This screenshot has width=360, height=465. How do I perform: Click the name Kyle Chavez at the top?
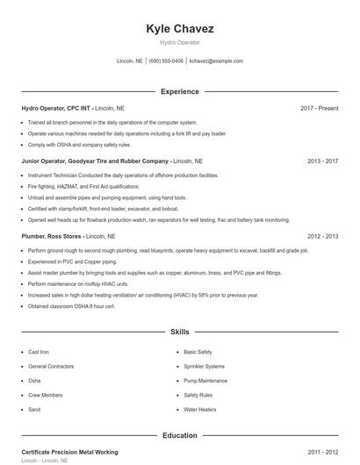click(180, 29)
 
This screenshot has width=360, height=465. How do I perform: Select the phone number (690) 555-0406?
click(166, 61)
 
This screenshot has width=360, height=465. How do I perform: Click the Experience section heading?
click(180, 91)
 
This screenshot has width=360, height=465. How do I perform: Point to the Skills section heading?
click(180, 333)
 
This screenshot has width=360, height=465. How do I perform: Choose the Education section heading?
click(180, 435)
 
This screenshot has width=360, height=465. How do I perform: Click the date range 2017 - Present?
click(319, 108)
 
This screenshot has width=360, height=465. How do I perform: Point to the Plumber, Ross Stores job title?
click(58, 236)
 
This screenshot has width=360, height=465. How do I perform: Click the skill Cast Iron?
click(39, 351)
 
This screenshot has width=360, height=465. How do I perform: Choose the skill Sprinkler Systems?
click(204, 366)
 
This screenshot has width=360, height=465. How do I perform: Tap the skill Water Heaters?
click(199, 410)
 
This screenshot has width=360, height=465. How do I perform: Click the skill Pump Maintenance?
click(205, 380)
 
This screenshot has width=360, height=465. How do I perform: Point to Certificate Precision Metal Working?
click(69, 452)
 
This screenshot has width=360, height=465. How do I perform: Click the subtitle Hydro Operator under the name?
click(180, 42)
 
